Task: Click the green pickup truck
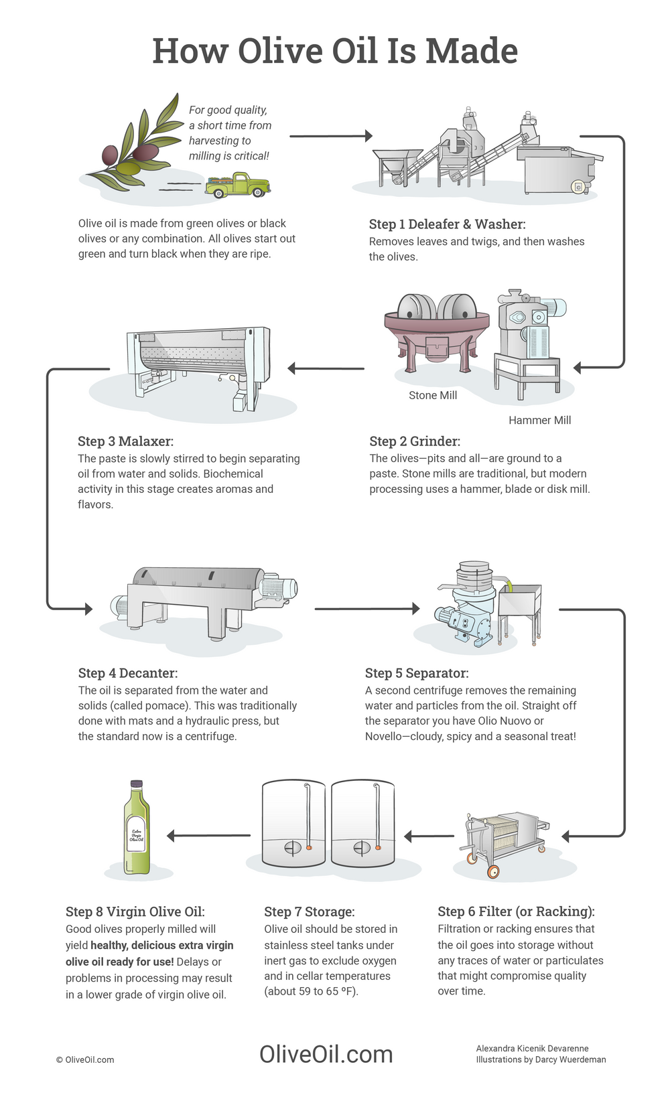(x=237, y=186)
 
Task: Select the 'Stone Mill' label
(x=433, y=396)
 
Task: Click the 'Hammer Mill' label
(x=539, y=421)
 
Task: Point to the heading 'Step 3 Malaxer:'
(x=125, y=441)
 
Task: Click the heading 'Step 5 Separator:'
(x=416, y=673)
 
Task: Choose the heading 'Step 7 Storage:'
(x=309, y=911)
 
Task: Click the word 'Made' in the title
(x=472, y=51)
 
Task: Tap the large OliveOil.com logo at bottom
(x=326, y=1054)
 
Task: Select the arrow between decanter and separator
(x=366, y=609)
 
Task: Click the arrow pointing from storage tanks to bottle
(x=208, y=835)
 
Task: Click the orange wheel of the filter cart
(x=492, y=871)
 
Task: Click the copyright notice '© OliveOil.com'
(x=85, y=1059)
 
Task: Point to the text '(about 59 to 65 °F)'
(x=311, y=991)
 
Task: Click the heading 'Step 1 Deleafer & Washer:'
(x=447, y=224)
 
